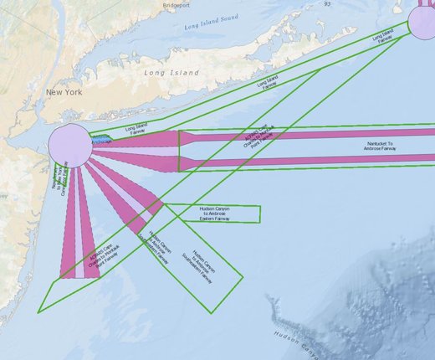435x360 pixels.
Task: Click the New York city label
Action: click(x=64, y=92)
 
